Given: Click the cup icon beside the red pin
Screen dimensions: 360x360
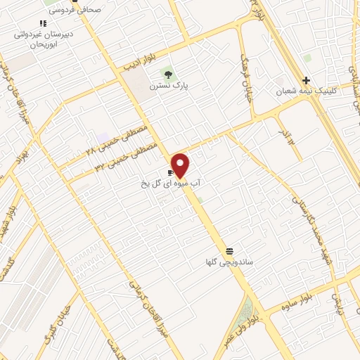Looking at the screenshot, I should (170, 172).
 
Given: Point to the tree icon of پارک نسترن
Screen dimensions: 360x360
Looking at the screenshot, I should (167, 73).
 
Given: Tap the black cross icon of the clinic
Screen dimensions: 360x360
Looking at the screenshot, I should (306, 80).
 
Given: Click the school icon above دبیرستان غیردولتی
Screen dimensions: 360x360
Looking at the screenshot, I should (44, 23).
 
